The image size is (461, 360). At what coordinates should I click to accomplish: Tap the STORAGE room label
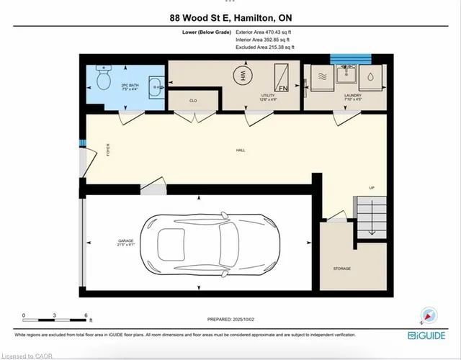341,269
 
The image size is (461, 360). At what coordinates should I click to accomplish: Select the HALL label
240,150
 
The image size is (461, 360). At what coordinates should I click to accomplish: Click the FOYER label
109,150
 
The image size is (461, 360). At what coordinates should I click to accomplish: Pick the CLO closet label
193,101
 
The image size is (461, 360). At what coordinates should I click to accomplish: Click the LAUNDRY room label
352,94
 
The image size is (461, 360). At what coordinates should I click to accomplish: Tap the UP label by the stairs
372,188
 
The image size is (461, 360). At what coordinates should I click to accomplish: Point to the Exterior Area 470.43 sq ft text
264,32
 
